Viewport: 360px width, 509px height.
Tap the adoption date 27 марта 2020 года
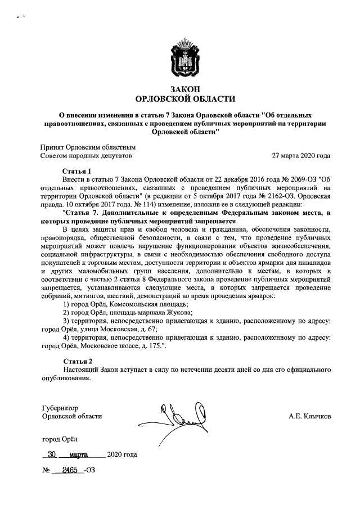[x=301, y=155]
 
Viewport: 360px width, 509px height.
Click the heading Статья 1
[x=76, y=170]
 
